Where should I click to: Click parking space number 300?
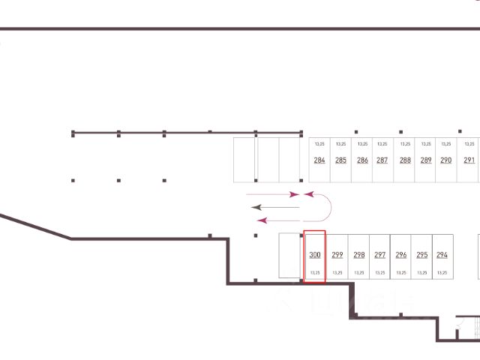315,255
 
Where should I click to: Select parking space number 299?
337,255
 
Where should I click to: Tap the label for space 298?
359,255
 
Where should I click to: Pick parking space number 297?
380,255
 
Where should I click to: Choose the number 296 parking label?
401,255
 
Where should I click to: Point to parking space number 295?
422,255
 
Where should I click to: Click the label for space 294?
442,255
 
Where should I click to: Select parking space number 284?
319,160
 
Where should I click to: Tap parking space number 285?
341,160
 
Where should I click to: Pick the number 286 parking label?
362,160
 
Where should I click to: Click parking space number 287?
382,160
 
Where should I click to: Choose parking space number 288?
405,160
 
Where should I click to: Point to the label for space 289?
426,160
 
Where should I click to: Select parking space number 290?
446,160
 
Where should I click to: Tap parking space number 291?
469,160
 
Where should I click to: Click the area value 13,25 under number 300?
315,272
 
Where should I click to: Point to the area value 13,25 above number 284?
319,143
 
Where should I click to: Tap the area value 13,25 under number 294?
442,272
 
